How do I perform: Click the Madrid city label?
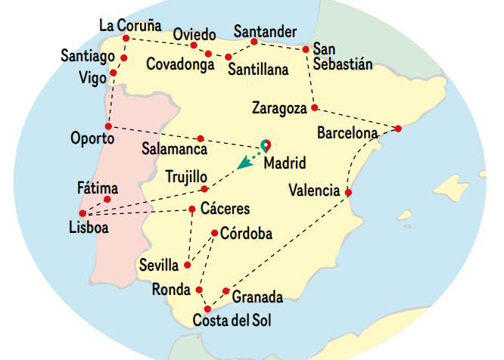pos(285,163)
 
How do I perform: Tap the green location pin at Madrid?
pos(266,144)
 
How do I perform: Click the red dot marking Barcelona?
pos(399,129)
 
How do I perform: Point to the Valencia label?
pos(314,191)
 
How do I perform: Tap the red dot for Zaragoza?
pos(315,107)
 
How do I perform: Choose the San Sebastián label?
pos(343,57)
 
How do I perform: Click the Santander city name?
pos(264,32)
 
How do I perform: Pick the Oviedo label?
pos(194,35)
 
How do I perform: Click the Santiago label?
pos(88,56)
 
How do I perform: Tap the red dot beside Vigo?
pos(114,73)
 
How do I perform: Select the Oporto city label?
pos(92,139)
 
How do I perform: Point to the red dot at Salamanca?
pos(200,138)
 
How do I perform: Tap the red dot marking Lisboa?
pos(82,213)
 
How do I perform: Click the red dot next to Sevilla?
pos(188,265)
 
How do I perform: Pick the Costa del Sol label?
pos(232,321)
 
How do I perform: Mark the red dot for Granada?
pos(226,291)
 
